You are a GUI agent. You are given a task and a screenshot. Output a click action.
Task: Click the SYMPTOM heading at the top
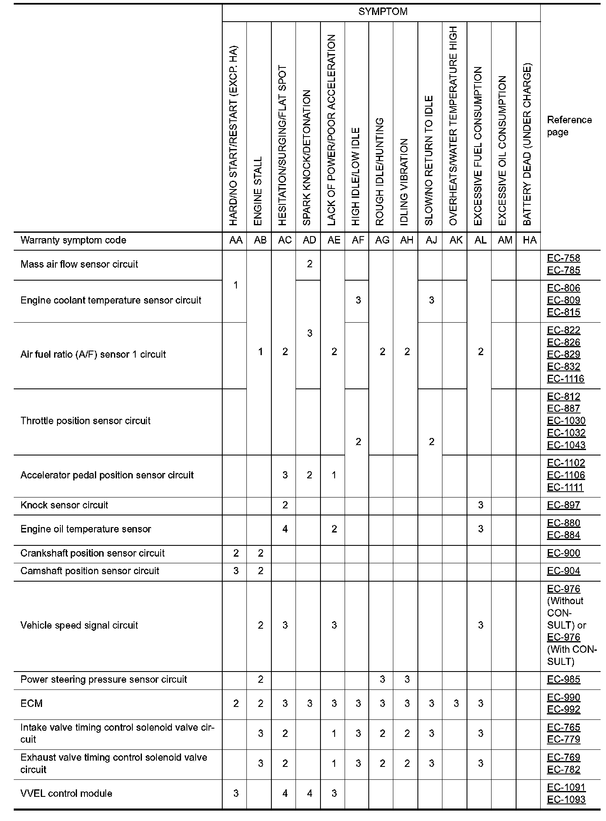coord(382,12)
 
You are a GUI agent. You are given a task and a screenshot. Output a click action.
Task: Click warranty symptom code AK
coord(456,240)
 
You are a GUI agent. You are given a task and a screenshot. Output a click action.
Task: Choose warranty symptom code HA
coord(529,240)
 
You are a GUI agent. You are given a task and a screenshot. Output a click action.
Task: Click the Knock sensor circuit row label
coord(64,505)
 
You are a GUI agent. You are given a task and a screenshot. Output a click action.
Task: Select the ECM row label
coord(32,703)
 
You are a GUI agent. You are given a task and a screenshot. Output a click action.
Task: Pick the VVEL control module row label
coord(66,793)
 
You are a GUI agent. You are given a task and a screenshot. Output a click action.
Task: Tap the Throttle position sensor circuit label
coord(85,420)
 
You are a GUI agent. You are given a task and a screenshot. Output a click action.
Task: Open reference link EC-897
coord(563,505)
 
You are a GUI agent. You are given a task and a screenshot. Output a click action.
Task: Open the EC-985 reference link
coord(563,679)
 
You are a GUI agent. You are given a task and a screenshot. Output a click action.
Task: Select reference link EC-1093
coord(566,799)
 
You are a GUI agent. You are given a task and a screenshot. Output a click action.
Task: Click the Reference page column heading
coord(569,126)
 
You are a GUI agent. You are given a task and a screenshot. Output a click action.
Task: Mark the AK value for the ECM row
coord(456,703)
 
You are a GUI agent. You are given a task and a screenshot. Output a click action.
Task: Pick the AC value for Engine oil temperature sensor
coord(285,529)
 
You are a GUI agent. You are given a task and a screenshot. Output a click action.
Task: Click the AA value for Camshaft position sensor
coord(236,571)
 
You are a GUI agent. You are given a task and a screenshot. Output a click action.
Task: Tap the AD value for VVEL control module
coord(309,793)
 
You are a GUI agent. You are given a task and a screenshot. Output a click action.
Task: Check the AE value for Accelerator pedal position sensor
coord(334,475)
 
